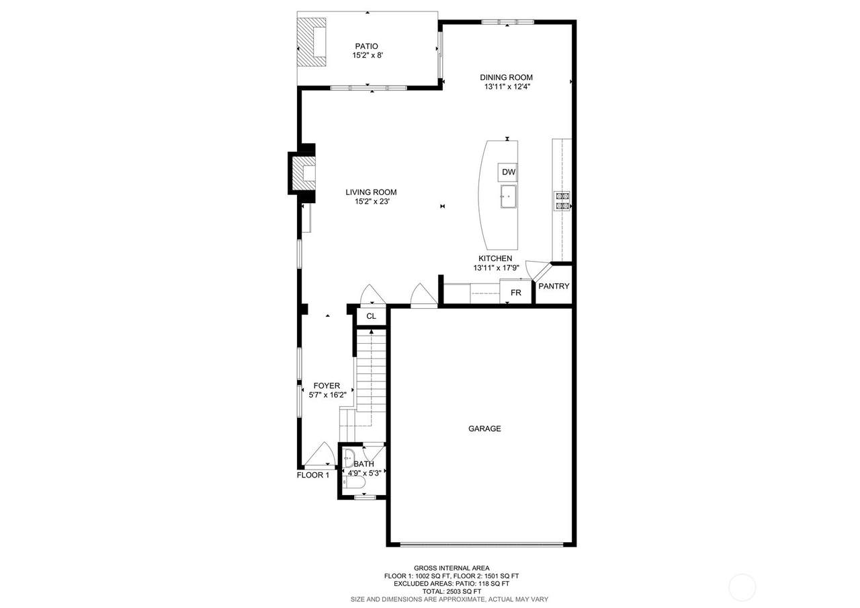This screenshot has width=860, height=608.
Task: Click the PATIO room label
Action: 366,46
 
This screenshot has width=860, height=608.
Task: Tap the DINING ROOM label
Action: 506,77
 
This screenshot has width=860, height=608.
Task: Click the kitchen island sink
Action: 508,196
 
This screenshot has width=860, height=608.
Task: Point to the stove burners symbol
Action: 562,201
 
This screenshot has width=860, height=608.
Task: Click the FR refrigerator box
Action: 515,292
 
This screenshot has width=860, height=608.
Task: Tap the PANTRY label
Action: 554,287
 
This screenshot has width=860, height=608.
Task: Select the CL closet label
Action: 371,316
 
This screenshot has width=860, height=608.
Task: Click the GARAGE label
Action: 484,428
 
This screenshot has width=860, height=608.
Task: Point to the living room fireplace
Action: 303,174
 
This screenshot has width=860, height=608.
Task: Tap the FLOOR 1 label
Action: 313,475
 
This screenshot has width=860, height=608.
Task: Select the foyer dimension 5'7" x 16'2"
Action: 327,395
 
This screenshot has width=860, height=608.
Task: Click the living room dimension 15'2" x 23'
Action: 372,201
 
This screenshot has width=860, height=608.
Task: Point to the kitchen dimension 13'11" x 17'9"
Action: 497,268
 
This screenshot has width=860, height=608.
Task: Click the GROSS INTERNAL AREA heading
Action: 451,568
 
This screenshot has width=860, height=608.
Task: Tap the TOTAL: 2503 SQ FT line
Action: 451,591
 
